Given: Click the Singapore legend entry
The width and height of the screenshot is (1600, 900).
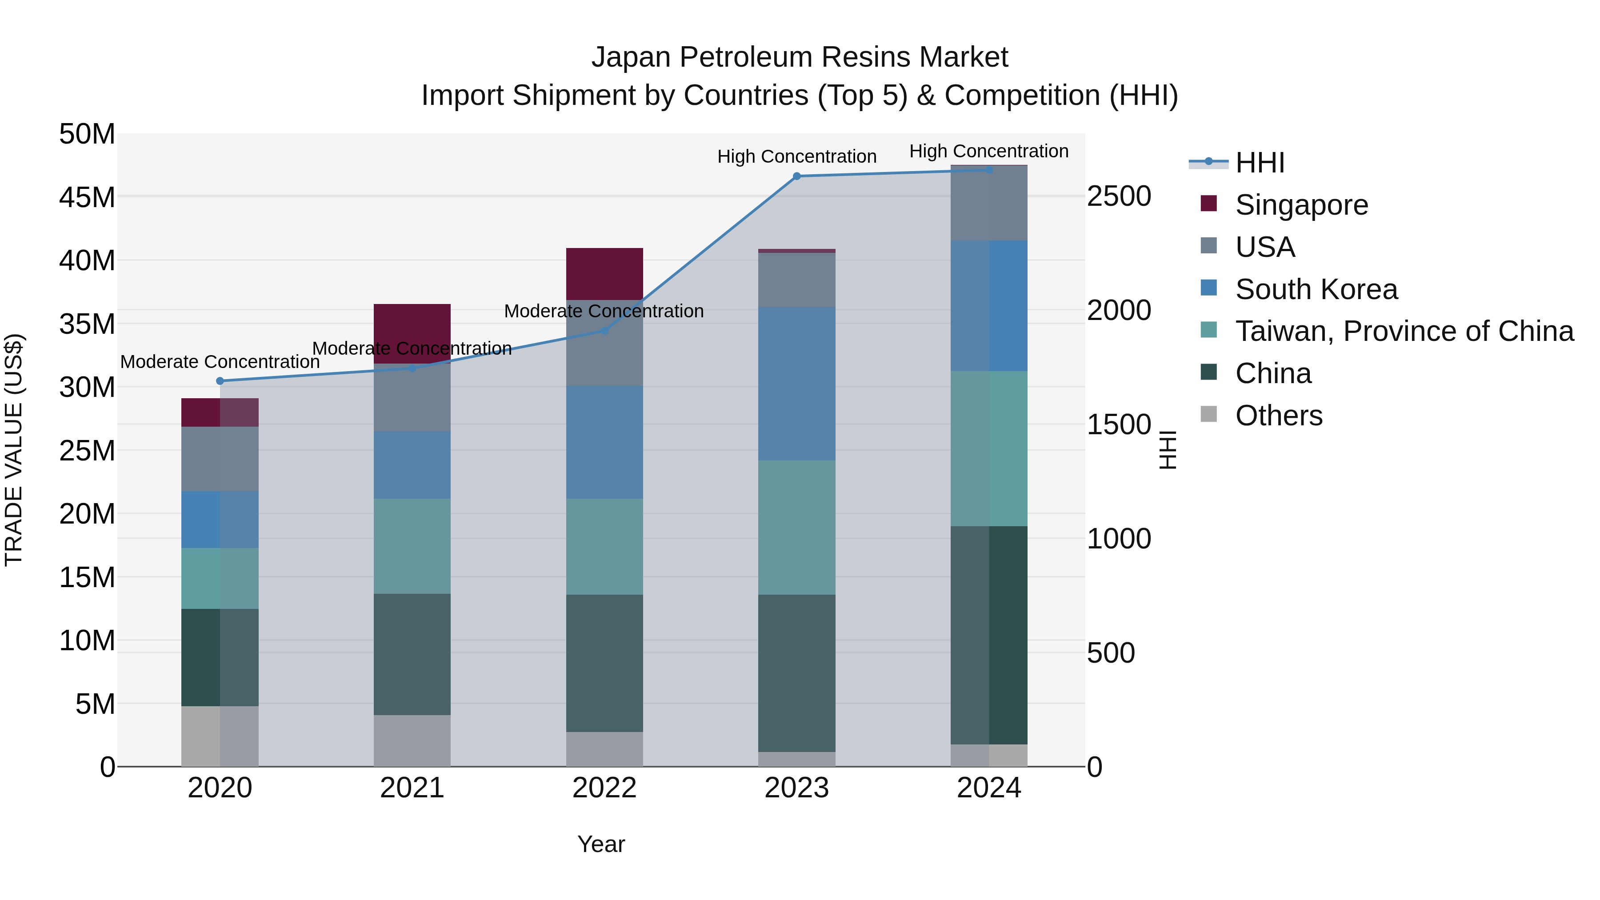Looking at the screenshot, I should click(x=1301, y=205).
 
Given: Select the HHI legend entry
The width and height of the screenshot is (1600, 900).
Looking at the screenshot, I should click(x=1260, y=163).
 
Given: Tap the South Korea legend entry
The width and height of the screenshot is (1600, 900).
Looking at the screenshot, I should click(x=1316, y=289).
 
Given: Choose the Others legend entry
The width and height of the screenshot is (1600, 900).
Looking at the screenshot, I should click(x=1278, y=416).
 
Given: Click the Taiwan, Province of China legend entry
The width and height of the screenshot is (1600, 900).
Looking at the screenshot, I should click(x=1404, y=331).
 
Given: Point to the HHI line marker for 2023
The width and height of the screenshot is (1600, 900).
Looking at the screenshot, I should click(x=797, y=176).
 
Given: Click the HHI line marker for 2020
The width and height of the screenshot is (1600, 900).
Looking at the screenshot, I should click(x=220, y=381).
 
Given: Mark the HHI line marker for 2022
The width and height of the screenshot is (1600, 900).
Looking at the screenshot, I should click(x=604, y=331).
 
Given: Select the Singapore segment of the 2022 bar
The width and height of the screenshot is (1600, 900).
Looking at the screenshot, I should click(x=604, y=274).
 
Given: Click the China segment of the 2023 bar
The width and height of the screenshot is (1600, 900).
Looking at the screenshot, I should click(x=797, y=673).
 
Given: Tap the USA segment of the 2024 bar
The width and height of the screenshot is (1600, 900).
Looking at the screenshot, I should click(x=989, y=203).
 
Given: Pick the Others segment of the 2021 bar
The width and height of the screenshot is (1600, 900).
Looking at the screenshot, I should click(x=412, y=740).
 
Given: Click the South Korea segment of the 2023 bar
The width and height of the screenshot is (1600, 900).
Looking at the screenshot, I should click(x=797, y=384).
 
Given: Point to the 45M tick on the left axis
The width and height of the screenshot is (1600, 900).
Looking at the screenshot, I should click(x=87, y=197).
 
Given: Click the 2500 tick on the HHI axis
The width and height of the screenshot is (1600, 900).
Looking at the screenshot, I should click(x=1119, y=196).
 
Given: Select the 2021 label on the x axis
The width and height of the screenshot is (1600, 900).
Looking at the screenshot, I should click(x=412, y=788).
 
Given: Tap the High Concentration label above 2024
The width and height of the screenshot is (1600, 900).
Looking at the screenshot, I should click(x=989, y=151).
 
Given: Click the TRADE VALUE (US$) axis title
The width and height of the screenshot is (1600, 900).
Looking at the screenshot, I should click(x=14, y=450).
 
